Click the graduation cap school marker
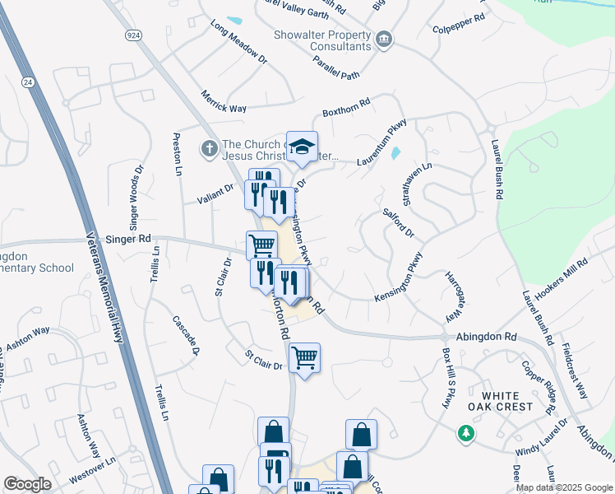[302, 147]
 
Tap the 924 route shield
[133, 35]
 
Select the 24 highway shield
[29, 82]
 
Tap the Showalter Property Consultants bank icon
[383, 40]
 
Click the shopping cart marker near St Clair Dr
[304, 357]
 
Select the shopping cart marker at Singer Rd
[261, 245]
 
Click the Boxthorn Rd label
[347, 105]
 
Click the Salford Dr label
[399, 223]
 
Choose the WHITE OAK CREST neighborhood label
[512, 401]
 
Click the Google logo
[28, 484]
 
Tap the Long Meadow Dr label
[239, 43]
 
